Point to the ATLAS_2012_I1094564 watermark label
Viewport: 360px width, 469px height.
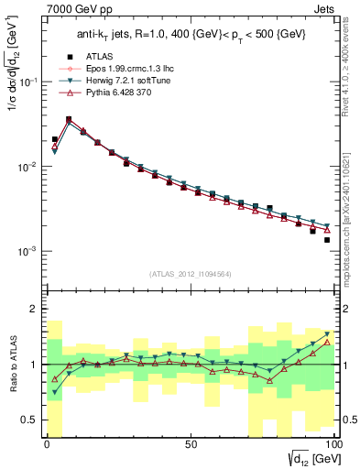[190, 273]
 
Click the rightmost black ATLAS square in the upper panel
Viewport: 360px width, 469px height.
[326, 240]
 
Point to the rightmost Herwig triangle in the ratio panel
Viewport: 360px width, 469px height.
[326, 334]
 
